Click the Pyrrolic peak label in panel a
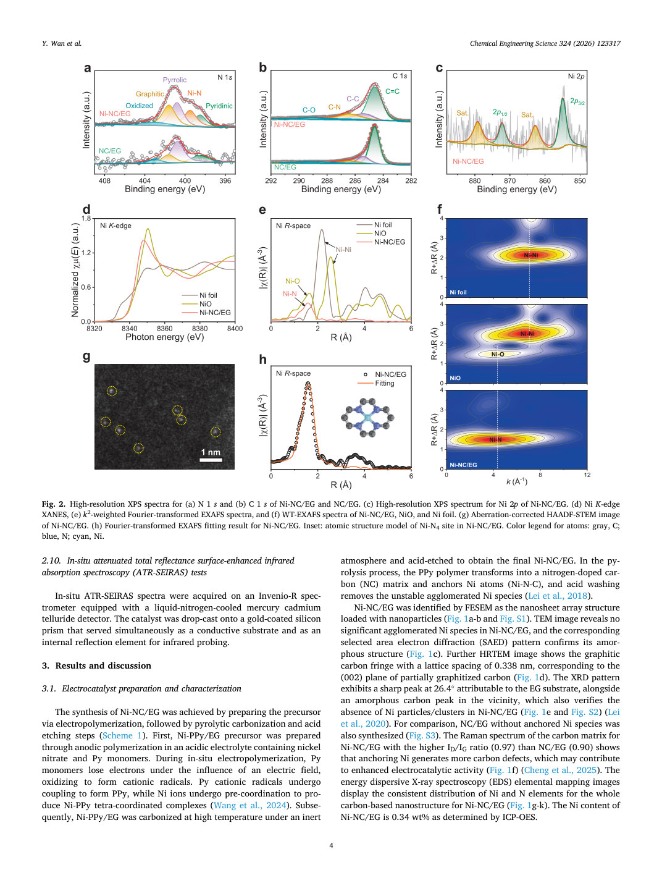[x=174, y=80]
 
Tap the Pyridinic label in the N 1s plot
[x=219, y=106]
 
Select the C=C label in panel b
[x=392, y=91]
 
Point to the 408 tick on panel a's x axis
[x=104, y=180]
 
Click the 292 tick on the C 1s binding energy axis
[x=271, y=180]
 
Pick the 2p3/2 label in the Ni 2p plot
[x=577, y=101]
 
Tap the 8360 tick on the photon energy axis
[x=164, y=328]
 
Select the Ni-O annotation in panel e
[x=293, y=281]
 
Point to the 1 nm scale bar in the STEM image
[x=211, y=459]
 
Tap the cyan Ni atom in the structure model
[x=368, y=419]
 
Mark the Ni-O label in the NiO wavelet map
[x=498, y=354]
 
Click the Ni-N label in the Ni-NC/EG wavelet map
[x=495, y=440]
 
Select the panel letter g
[x=86, y=357]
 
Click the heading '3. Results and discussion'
[x=96, y=665]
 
